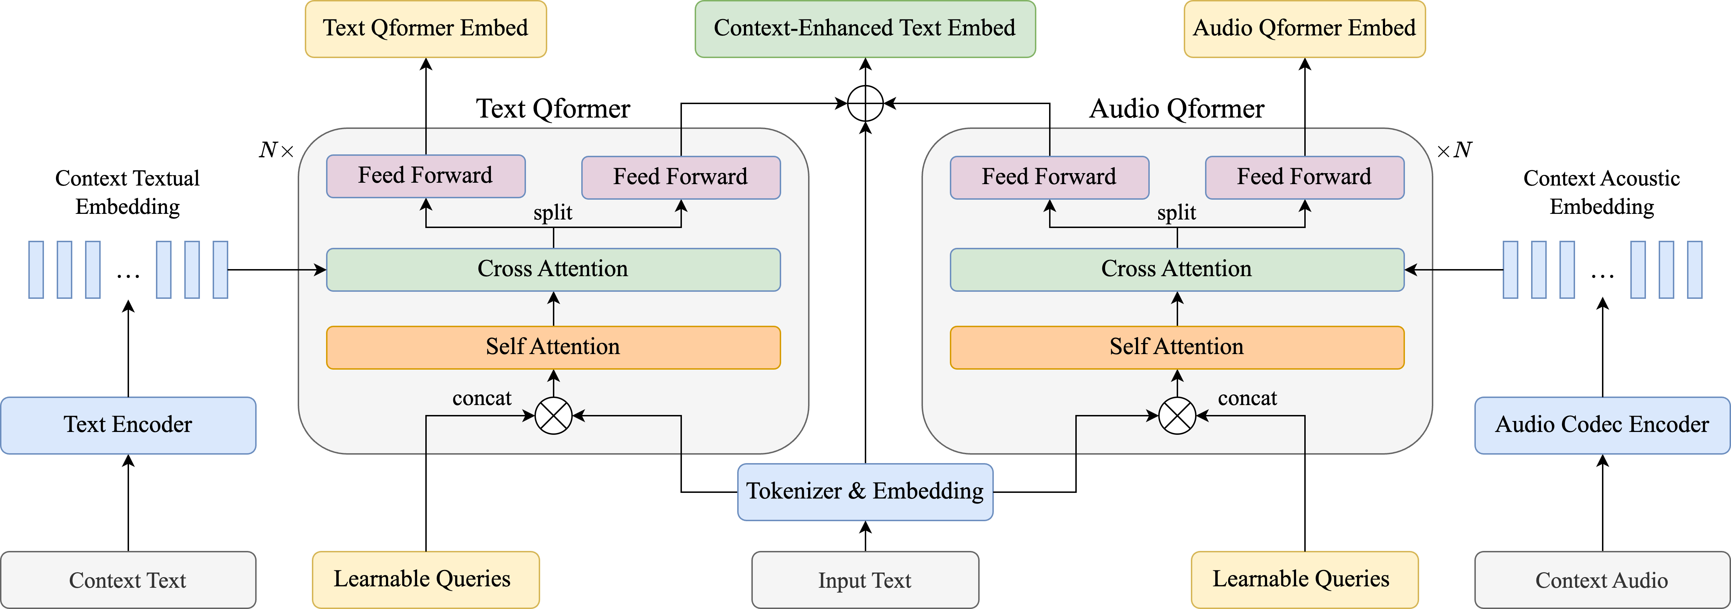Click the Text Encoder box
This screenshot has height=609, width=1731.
(128, 425)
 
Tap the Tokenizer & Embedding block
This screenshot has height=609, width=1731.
(865, 491)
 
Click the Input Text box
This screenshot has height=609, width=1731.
(865, 580)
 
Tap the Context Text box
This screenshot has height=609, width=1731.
(128, 580)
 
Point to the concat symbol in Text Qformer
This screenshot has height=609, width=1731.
(553, 416)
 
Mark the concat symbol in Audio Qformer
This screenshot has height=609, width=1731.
(1177, 416)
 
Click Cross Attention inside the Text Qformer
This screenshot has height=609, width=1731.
(553, 269)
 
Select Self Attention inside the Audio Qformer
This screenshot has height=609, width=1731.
(1177, 347)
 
